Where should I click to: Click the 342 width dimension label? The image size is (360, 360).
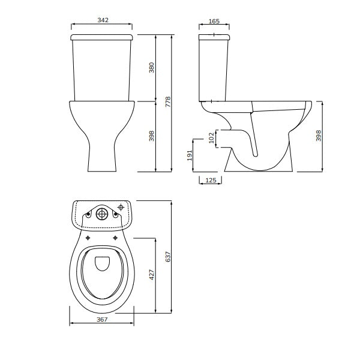[103, 20]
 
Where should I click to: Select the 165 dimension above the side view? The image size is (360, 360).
[214, 21]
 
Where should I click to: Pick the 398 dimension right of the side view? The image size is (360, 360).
[319, 137]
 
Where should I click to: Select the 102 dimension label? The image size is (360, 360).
[211, 139]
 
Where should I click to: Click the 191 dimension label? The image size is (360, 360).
[190, 156]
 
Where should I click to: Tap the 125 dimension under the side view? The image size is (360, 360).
[210, 180]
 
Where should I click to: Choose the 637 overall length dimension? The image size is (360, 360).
[169, 256]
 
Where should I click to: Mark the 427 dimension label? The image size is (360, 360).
[152, 275]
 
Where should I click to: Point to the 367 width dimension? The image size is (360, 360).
[101, 319]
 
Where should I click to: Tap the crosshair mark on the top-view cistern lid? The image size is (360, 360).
[122, 208]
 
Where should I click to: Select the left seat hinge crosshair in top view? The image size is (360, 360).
[89, 238]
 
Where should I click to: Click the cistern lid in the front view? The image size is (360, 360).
[102, 37]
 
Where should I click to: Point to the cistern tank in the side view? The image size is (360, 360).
[214, 69]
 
